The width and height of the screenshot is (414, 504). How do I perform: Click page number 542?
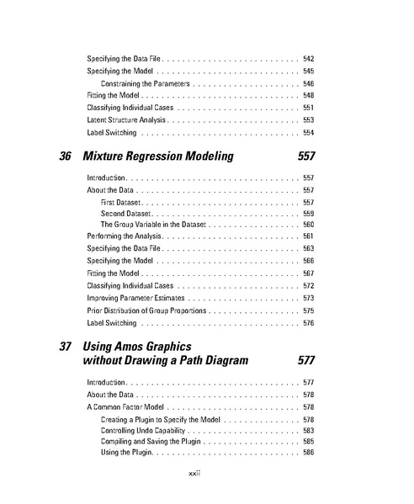pos(308,59)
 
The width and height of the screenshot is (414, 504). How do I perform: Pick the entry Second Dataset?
pos(125,214)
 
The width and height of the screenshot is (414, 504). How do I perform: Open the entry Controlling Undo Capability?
pos(145,430)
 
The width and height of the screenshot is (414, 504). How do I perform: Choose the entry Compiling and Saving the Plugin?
pos(151,441)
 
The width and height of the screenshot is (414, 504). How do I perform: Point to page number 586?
pos(308,453)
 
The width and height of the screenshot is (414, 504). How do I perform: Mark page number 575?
pos(308,310)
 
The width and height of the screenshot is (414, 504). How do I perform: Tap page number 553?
pos(308,120)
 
